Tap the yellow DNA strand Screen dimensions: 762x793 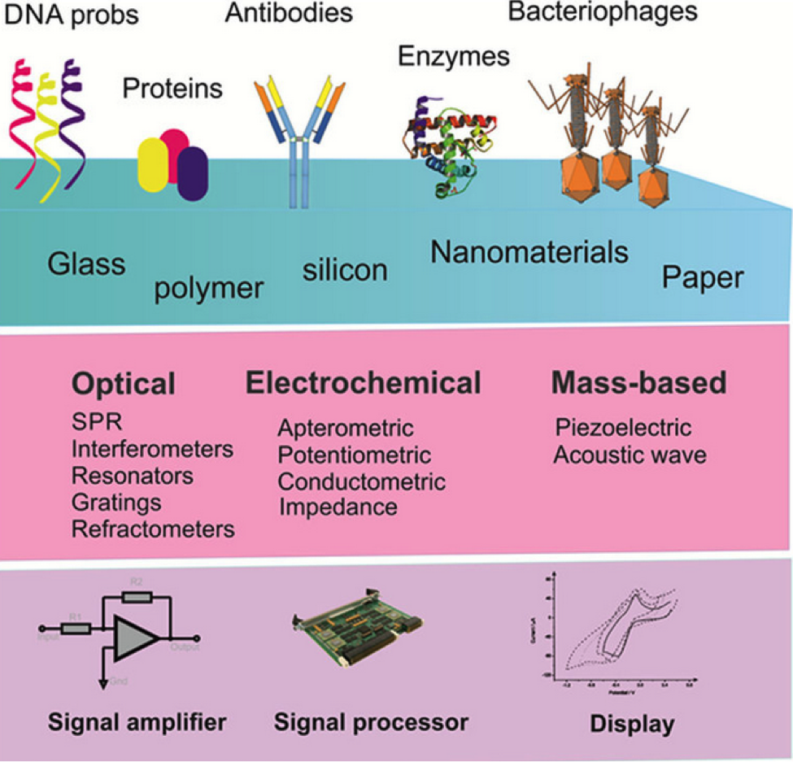click(47, 130)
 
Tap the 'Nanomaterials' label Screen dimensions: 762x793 click(529, 252)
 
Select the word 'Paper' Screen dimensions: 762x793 click(702, 279)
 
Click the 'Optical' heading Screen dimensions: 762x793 click(123, 383)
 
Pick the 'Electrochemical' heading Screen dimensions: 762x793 click(363, 383)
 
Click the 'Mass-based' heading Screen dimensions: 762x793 click(638, 383)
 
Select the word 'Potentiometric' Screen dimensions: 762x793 click(354, 455)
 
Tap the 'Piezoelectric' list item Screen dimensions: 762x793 click(623, 428)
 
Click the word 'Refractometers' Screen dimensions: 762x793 click(153, 529)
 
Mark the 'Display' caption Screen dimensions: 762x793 click(631, 723)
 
